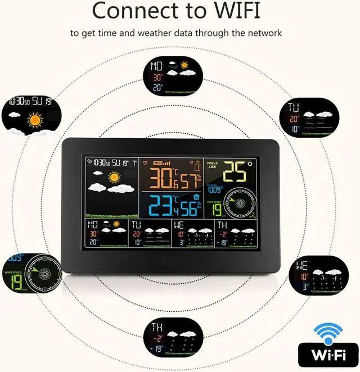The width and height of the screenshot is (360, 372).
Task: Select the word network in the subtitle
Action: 262,33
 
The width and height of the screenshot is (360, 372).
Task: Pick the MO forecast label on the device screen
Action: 93,226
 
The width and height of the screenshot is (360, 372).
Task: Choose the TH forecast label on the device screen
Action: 223,226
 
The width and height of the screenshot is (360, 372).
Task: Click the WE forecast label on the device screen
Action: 179,226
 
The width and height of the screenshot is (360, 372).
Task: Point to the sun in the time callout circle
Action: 35,120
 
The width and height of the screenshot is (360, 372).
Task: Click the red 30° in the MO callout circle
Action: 157,78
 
